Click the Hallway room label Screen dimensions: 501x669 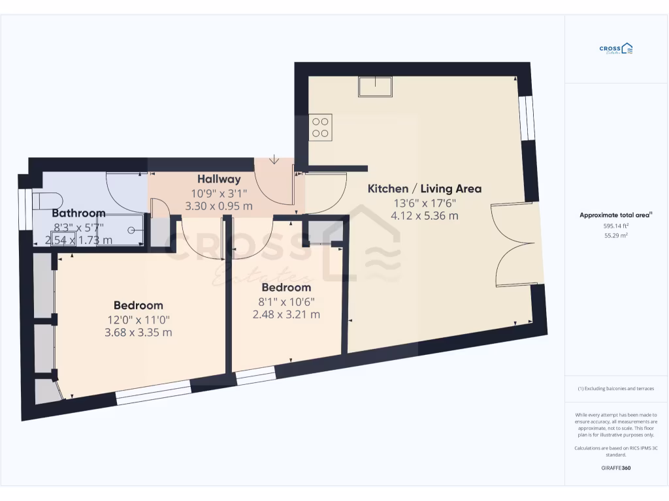(x=219, y=179)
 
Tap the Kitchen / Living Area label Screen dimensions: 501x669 (x=425, y=189)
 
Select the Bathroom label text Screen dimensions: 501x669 (x=78, y=213)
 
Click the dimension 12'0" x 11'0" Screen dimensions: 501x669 (x=138, y=320)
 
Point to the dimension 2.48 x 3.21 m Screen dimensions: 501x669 (x=286, y=314)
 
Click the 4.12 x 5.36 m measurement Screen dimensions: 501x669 (x=425, y=215)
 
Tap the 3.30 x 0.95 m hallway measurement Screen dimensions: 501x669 (x=219, y=206)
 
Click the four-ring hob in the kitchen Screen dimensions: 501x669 (x=321, y=126)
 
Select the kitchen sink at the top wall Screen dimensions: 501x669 (x=375, y=87)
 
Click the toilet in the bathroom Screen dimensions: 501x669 (x=47, y=200)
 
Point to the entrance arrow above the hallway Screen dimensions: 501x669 (x=274, y=159)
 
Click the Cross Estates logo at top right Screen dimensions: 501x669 (x=616, y=49)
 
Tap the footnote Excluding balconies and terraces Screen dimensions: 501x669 (x=616, y=389)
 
